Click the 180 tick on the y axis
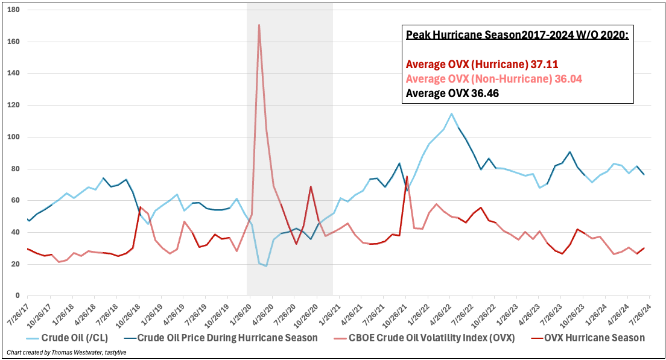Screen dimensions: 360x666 click(x=14, y=10)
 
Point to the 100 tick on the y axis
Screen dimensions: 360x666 click(x=14, y=137)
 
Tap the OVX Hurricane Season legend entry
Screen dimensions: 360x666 click(x=589, y=338)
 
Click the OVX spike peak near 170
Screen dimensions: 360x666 click(x=259, y=25)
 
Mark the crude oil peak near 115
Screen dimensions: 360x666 click(x=451, y=113)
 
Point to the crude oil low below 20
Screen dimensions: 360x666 click(x=266, y=266)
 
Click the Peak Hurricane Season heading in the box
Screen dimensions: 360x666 click(x=518, y=35)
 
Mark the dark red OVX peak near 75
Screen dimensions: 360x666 click(x=407, y=177)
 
